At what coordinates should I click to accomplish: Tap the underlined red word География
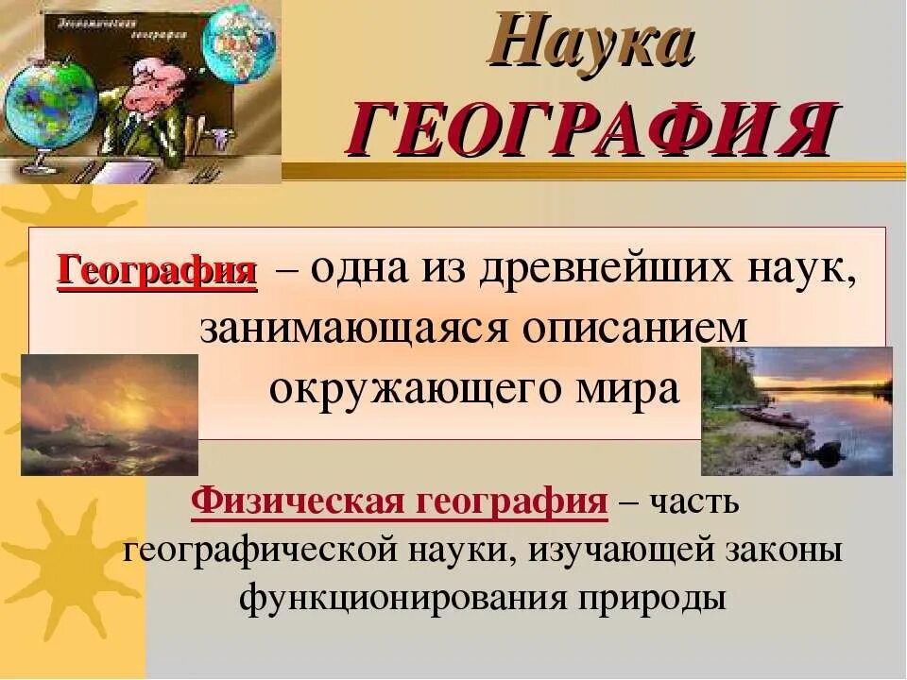[x=158, y=271]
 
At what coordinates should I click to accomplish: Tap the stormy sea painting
[x=109, y=415]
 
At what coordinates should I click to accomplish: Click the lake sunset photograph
[x=796, y=411]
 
